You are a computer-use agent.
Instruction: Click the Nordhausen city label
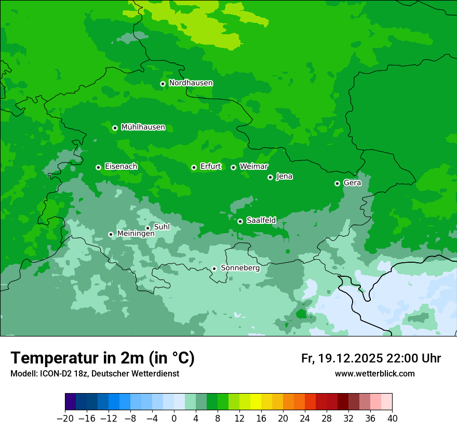click(191, 83)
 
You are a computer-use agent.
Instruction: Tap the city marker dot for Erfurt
click(194, 167)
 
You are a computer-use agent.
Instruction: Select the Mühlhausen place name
click(143, 127)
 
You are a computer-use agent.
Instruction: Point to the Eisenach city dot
click(98, 167)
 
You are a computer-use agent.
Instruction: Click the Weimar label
click(253, 167)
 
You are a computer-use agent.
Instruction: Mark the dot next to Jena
click(270, 177)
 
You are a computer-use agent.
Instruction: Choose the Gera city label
click(352, 183)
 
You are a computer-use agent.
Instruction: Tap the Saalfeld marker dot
click(240, 221)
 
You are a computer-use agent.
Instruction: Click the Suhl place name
click(162, 227)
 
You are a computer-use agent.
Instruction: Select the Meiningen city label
click(136, 234)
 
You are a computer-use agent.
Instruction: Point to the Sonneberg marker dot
click(214, 268)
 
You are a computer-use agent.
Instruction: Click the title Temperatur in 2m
click(102, 358)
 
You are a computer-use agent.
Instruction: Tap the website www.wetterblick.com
click(374, 373)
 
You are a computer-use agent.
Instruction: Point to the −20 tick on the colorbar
click(65, 419)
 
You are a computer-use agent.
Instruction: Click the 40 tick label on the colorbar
click(392, 419)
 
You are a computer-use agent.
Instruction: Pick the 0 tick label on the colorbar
click(174, 419)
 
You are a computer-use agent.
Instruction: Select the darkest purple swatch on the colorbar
click(71, 401)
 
